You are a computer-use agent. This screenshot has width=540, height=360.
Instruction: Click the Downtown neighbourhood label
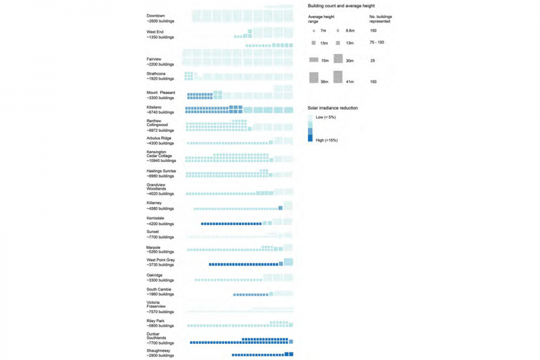155,16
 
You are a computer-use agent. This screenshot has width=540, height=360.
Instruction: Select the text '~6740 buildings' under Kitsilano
160,112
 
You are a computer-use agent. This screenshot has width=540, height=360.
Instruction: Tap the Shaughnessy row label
158,350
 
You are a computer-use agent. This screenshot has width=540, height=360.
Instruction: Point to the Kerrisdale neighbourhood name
155,218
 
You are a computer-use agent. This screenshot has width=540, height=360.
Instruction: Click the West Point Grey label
161,260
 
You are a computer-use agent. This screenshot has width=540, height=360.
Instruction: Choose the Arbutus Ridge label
159,138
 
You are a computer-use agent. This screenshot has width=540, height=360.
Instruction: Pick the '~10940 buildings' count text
161,161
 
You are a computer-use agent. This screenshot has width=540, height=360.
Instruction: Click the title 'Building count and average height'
341,5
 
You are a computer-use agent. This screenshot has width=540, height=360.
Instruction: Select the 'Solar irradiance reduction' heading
332,108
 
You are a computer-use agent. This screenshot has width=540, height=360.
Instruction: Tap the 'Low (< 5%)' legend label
326,117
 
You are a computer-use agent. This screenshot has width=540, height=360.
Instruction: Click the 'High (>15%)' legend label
326,140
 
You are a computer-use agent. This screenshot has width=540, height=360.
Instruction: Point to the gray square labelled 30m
338,59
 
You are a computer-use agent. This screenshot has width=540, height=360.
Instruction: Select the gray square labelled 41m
338,77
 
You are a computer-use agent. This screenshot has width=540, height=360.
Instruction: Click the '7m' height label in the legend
323,31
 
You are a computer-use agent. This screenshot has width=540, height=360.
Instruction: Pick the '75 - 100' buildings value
377,43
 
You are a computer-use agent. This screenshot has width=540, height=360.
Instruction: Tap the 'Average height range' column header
321,19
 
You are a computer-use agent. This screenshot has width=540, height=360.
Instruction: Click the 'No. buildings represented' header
380,19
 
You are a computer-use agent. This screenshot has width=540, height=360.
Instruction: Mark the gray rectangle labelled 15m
314,60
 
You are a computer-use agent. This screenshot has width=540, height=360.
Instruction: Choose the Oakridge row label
154,275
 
